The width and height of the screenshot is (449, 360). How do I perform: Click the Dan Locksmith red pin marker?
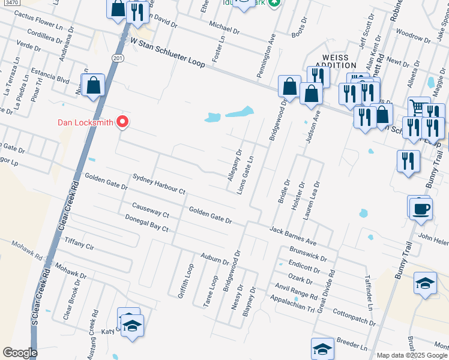[x=123, y=121]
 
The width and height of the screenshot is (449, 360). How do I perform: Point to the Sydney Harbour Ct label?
[x=159, y=185]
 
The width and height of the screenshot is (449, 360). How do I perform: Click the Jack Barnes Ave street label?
[x=293, y=235]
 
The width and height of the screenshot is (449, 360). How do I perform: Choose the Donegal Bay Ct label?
[x=148, y=224]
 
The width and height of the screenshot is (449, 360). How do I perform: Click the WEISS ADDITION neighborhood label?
[x=335, y=60]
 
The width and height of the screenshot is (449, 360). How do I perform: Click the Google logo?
[x=20, y=353]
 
